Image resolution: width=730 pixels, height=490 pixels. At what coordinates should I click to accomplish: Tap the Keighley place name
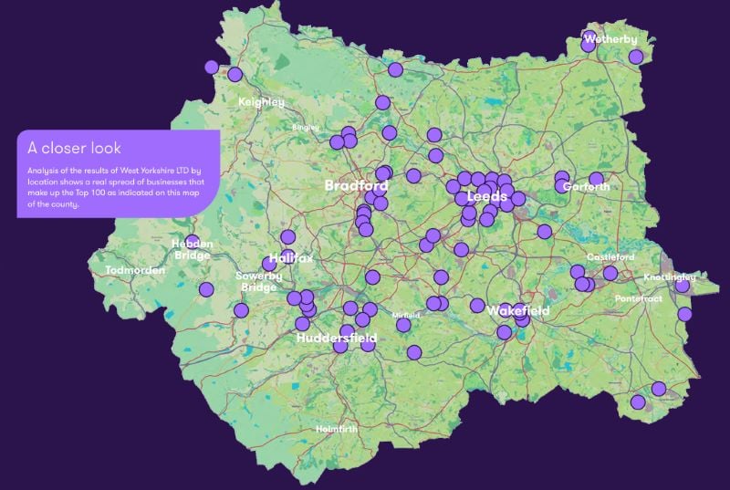click(x=261, y=102)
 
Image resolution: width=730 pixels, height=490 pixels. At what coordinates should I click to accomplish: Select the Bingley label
click(x=305, y=128)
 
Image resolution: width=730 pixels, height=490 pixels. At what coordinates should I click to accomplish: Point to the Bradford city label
click(x=357, y=185)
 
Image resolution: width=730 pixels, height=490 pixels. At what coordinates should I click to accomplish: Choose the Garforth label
click(x=586, y=186)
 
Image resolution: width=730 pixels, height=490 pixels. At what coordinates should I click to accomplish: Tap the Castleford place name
click(x=610, y=256)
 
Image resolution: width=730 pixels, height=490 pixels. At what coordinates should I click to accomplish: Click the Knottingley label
click(x=669, y=276)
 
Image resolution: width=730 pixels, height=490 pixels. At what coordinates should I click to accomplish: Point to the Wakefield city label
click(x=517, y=311)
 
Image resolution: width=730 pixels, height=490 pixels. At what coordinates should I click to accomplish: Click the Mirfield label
click(x=405, y=315)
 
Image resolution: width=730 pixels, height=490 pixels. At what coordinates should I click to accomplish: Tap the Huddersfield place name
click(x=337, y=338)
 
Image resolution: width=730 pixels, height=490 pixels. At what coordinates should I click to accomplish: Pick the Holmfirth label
click(x=336, y=428)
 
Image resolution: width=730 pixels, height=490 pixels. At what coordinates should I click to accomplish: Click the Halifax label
click(x=291, y=258)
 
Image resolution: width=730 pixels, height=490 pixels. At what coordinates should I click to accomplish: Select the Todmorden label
click(x=135, y=271)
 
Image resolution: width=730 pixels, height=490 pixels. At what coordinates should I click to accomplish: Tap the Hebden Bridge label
click(x=193, y=250)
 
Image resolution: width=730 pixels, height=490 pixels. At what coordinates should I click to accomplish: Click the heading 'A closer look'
click(x=74, y=148)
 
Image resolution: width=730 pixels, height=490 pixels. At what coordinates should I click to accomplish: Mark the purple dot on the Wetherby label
click(x=589, y=41)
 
